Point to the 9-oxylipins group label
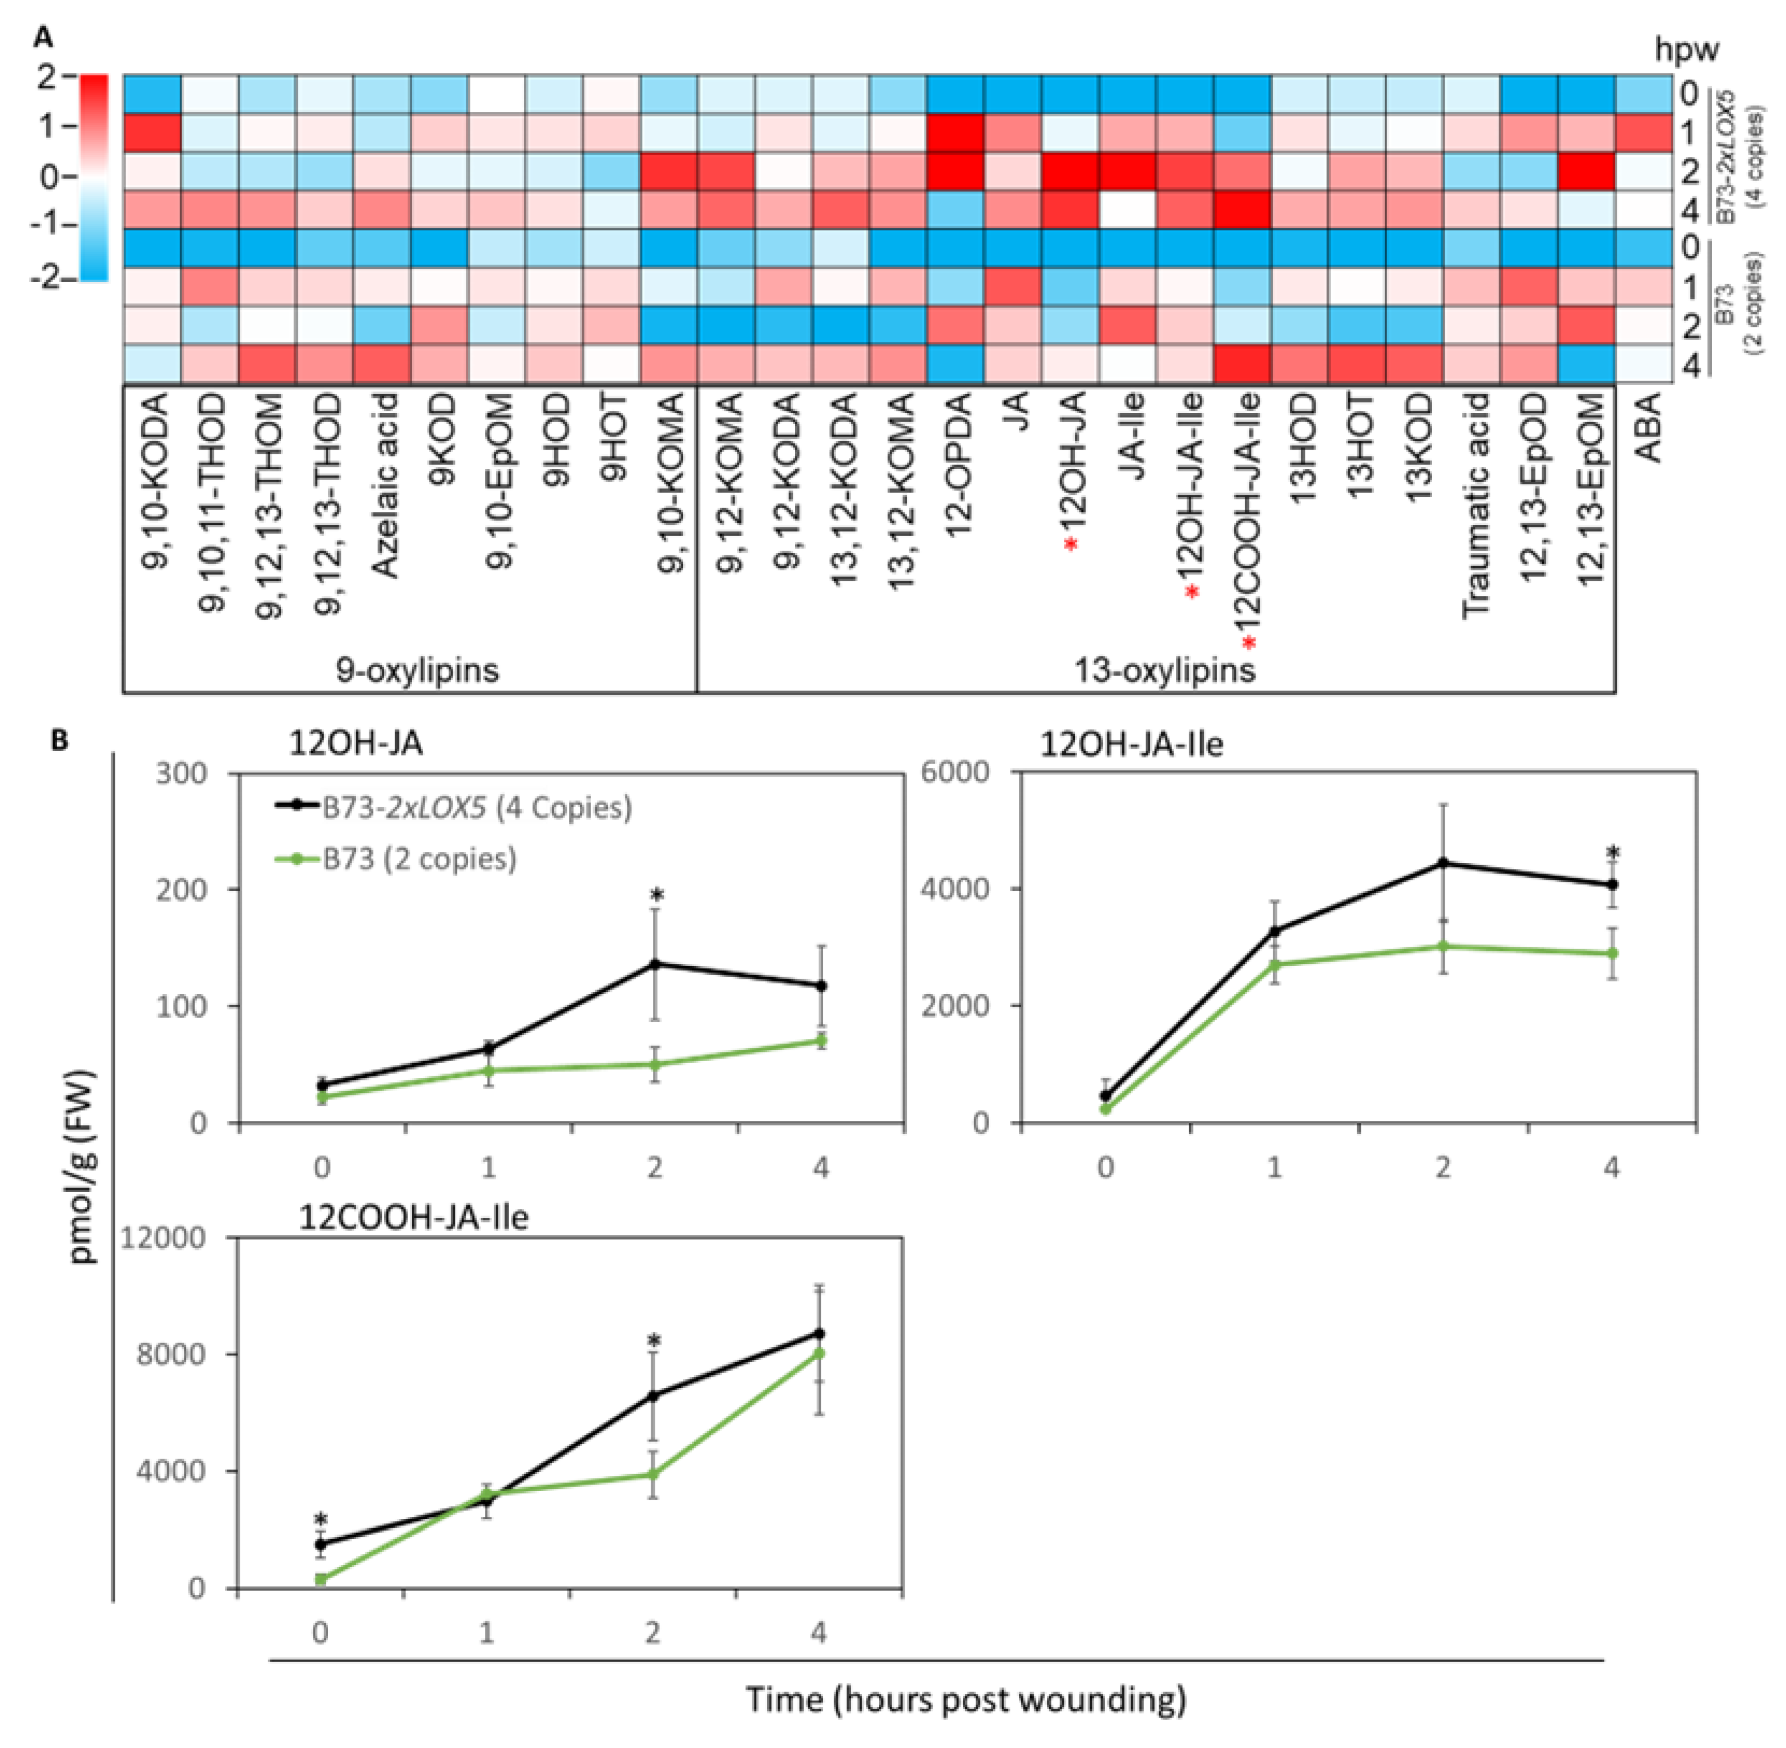[x=418, y=670]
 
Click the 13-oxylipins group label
[x=1164, y=670]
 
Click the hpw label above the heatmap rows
[x=1686, y=50]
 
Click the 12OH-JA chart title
[x=356, y=742]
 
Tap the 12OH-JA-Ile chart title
[x=1131, y=742]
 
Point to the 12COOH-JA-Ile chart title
[x=413, y=1217]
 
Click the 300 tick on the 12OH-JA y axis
[x=183, y=773]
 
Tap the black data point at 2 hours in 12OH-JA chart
[x=655, y=964]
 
